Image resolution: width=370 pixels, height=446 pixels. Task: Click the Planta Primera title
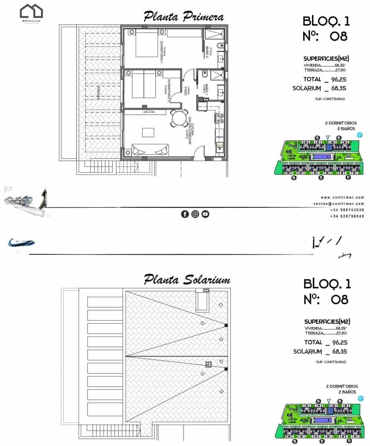tap(184, 17)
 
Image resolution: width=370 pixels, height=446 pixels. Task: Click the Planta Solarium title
tap(187, 279)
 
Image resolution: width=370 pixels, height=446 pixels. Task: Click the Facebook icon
tap(185, 214)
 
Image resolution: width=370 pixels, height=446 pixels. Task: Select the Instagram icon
tap(195, 214)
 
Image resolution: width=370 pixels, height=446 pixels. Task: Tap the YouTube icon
tap(205, 214)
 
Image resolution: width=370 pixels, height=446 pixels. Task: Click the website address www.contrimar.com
tap(342, 197)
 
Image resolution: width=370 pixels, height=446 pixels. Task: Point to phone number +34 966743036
tap(347, 210)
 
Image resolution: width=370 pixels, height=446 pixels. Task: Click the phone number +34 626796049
tap(347, 216)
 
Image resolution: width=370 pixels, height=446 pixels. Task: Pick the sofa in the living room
tap(150, 151)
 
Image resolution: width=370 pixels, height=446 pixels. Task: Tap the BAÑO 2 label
tap(207, 50)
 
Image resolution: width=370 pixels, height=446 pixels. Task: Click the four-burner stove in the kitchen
tap(219, 118)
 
